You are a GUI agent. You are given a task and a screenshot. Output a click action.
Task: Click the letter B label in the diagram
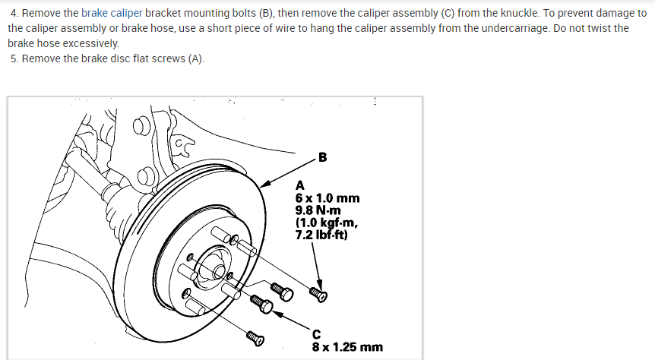click(322, 158)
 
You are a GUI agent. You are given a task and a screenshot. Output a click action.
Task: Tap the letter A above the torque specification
click(299, 185)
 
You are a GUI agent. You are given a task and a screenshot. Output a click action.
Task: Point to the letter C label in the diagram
click(316, 334)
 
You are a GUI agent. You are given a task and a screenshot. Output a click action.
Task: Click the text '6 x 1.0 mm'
click(327, 197)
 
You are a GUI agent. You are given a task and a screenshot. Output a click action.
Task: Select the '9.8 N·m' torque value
click(318, 210)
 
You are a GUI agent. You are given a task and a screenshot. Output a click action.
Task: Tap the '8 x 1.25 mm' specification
click(347, 347)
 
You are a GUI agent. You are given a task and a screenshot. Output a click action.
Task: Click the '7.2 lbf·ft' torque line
click(321, 234)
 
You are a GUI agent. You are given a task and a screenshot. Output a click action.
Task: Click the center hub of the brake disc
click(215, 270)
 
